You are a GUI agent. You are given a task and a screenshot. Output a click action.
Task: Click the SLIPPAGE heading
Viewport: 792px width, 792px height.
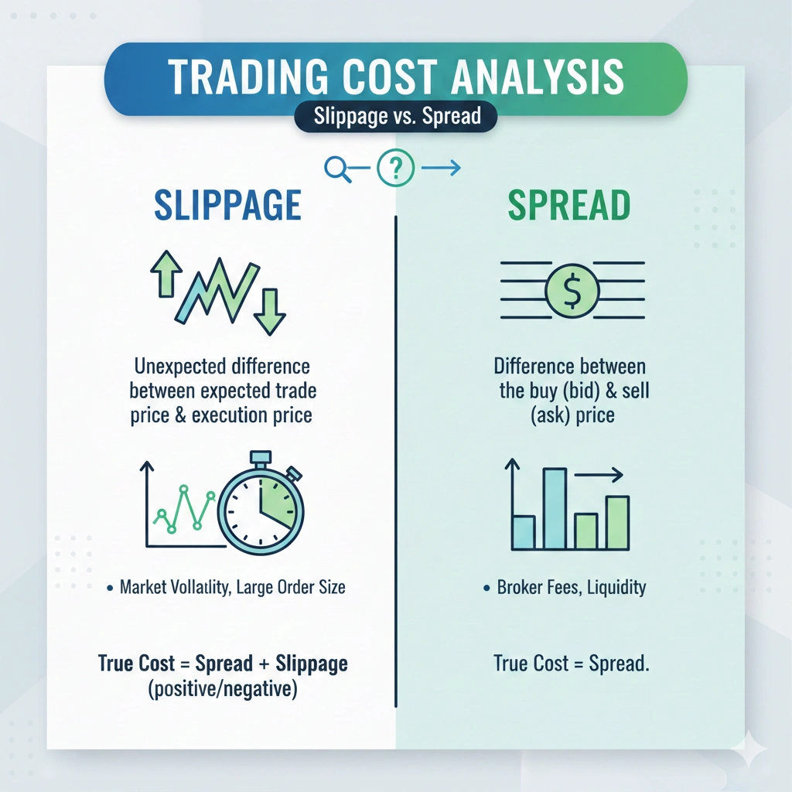(x=227, y=205)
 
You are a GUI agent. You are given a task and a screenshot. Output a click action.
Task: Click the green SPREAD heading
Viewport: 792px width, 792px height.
(x=568, y=205)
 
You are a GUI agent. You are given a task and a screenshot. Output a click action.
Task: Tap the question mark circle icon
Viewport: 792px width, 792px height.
(x=396, y=167)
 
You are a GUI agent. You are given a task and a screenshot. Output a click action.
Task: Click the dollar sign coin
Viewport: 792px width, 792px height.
(x=572, y=291)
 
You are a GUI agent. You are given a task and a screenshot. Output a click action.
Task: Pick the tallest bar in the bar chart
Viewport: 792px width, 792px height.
(x=555, y=508)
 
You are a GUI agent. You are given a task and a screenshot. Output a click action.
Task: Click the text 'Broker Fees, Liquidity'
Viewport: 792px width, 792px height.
(x=571, y=588)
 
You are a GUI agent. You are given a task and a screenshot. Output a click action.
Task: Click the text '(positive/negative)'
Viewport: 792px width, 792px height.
(x=222, y=689)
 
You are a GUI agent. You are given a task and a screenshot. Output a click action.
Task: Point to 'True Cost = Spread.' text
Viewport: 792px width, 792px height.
(x=571, y=664)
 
